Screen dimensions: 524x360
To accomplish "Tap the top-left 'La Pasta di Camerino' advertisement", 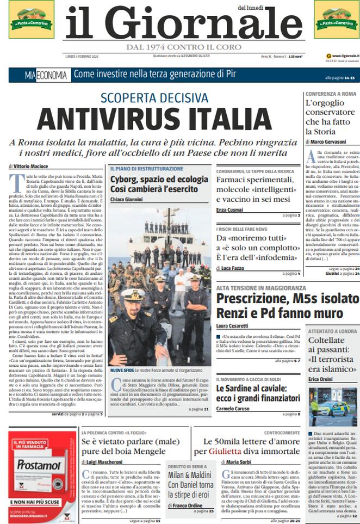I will pyautogui.click(x=31, y=19).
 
